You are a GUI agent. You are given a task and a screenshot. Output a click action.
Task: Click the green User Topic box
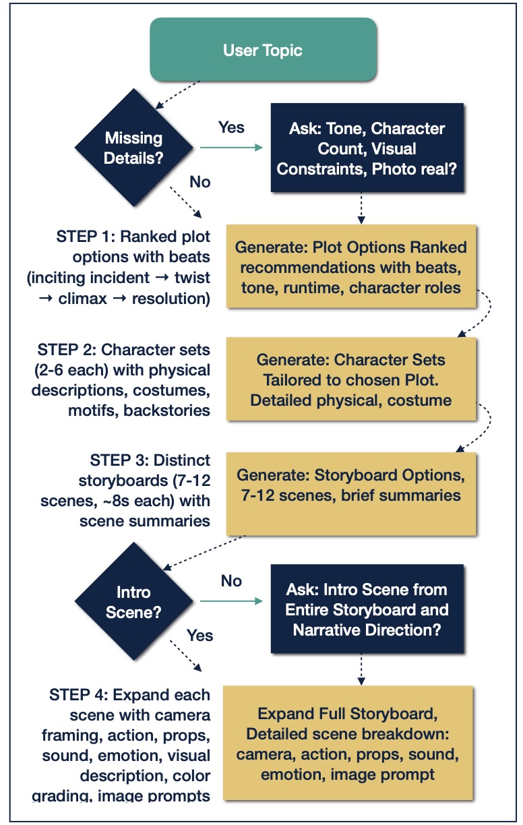tap(264, 51)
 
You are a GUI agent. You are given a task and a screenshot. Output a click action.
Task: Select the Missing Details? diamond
tap(134, 147)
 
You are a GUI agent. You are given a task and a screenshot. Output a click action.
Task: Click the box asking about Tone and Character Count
tap(367, 148)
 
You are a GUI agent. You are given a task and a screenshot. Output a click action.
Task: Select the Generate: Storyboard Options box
tap(350, 486)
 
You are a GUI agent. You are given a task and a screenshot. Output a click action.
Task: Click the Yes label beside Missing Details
tap(232, 127)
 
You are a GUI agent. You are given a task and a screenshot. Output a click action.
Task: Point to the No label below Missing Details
tap(199, 182)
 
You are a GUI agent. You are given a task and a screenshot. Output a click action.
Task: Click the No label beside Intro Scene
tap(231, 581)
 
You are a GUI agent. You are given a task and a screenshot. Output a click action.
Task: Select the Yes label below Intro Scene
tap(199, 636)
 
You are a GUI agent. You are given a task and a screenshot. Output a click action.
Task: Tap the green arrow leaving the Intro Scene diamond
tap(229, 601)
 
